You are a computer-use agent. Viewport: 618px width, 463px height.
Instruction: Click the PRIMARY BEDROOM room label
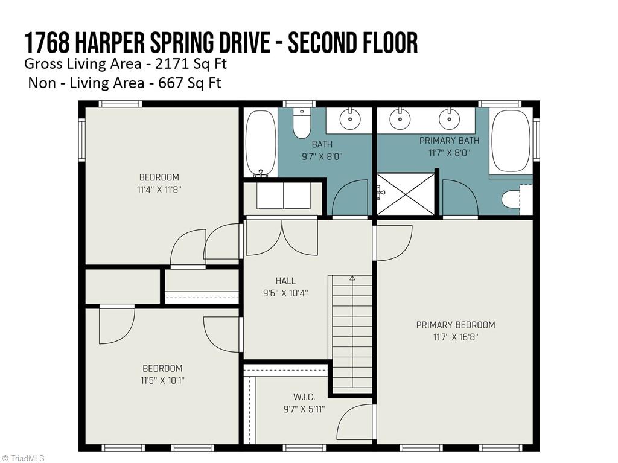coord(456,325)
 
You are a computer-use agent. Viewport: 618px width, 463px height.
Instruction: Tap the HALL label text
coord(285,281)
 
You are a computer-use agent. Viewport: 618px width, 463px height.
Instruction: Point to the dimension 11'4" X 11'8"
coord(159,190)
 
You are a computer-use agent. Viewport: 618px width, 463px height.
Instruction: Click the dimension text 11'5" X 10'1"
coord(162,381)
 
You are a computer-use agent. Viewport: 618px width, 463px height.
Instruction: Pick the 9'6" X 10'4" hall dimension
coord(285,293)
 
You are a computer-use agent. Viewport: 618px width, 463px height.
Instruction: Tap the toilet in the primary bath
coord(513,198)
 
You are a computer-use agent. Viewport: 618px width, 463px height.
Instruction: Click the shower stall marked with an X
coord(405,194)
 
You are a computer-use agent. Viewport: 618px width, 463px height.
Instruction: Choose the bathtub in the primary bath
coord(511,141)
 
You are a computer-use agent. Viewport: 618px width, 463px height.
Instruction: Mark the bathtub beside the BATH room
coord(260,142)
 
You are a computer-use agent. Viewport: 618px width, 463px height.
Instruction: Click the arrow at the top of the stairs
coord(352,279)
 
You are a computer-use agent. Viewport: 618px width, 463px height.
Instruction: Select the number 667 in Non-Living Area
coord(170,83)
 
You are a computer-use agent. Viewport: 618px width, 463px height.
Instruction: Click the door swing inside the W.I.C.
coord(355,423)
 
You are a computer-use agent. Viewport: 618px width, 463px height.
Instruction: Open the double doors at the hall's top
coord(282,237)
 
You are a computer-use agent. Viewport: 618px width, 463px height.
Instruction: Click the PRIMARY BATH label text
coord(449,141)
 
